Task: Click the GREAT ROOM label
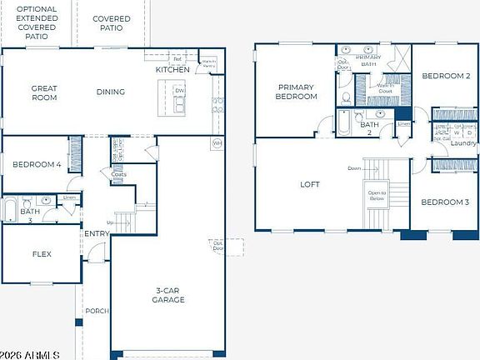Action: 44,92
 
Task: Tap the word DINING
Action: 110,92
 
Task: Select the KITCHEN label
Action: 172,69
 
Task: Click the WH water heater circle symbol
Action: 217,143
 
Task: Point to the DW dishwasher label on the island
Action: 179,91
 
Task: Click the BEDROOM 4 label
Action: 37,165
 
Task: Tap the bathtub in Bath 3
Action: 11,208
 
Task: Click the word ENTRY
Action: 96,234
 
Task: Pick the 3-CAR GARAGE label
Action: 169,295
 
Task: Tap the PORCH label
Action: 97,311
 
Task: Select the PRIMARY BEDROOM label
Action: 297,92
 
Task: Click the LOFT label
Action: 311,185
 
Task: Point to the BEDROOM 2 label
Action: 446,76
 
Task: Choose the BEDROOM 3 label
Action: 445,202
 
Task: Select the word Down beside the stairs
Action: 354,168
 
